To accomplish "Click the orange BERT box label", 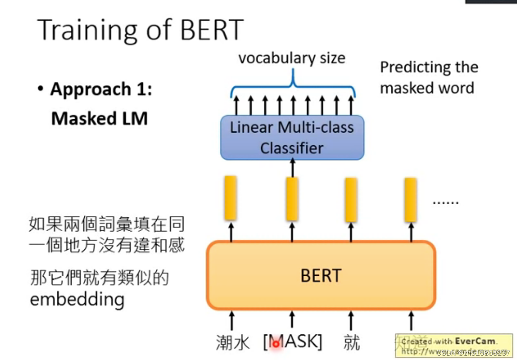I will click(321, 276).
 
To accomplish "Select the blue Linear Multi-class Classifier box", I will click(292, 137).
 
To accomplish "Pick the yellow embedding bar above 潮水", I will click(231, 198).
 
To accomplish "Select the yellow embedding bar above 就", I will click(351, 199).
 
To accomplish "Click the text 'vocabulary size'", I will click(292, 58).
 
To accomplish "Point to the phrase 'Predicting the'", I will click(429, 68).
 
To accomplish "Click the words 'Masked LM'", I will click(99, 118).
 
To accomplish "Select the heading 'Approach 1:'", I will click(101, 89).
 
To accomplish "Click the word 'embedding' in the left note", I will click(77, 299).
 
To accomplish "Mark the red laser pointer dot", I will click(276, 344).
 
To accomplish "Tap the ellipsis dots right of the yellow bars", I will click(445, 202).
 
